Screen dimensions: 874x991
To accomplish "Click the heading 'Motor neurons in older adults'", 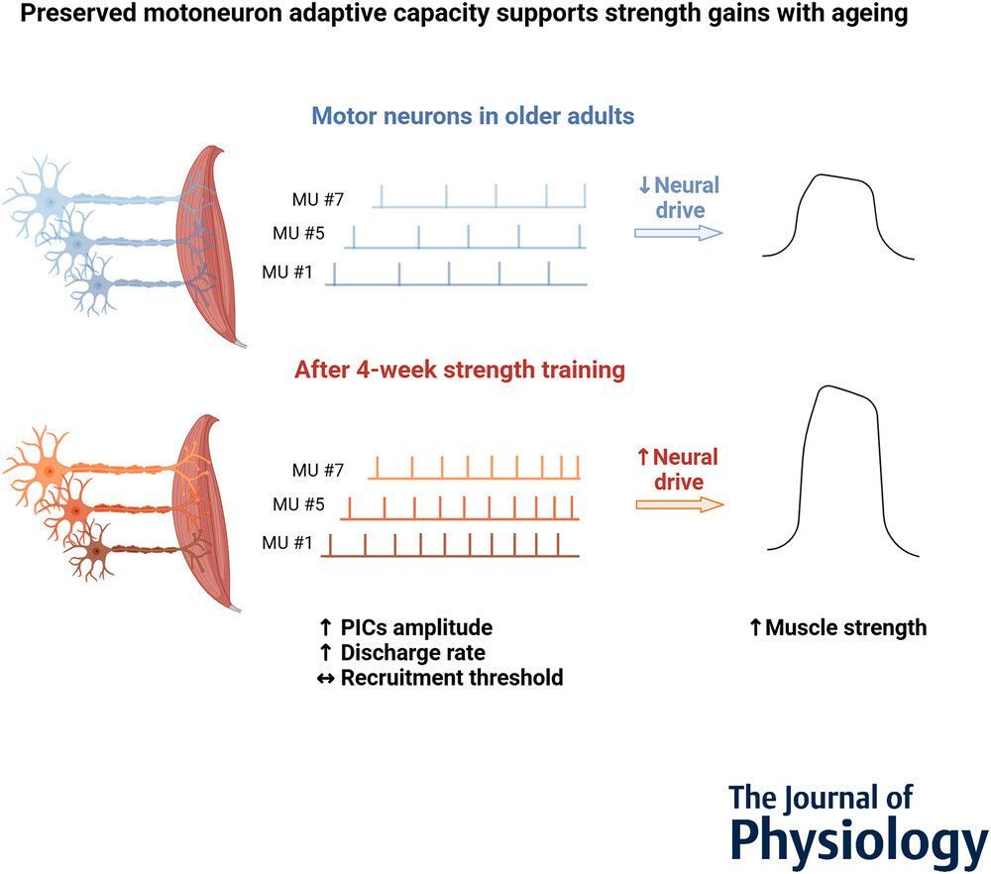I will coord(473,115).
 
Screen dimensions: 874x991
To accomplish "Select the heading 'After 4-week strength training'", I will coord(459,370).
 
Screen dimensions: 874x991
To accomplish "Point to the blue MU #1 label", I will coord(287,272).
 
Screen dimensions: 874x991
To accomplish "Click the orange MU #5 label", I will coord(298,505).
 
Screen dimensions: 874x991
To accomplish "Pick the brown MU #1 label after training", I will coord(287,543).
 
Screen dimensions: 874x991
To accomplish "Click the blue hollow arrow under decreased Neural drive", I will coord(678,233).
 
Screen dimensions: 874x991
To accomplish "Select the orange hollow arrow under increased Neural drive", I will coord(679,504).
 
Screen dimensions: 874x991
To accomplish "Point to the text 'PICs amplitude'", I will coord(416,628).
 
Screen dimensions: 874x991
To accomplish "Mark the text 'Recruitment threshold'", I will coord(451,678).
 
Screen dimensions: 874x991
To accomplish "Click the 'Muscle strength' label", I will coord(845,627).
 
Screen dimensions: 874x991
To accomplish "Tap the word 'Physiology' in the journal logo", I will coord(858,841).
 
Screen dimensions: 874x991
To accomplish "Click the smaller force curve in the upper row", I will coord(838,217).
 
